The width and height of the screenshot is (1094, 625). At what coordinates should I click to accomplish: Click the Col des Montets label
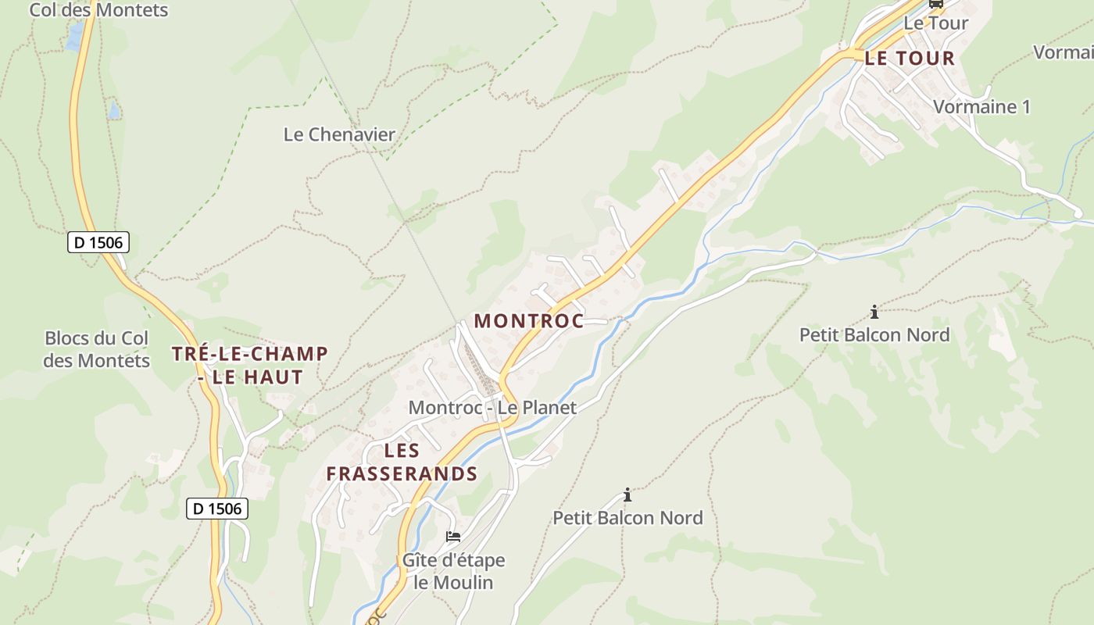tap(98, 10)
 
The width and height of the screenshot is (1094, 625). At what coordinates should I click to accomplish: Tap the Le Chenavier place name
tap(339, 134)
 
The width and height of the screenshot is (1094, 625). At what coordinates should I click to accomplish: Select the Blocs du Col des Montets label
tap(97, 349)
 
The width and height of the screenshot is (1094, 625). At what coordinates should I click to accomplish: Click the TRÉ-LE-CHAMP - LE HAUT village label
tap(249, 365)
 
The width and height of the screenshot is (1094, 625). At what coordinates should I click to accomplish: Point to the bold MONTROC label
tap(528, 321)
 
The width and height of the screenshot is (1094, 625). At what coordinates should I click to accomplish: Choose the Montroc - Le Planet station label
tap(492, 407)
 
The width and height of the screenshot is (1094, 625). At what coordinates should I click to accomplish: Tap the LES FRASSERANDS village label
tap(402, 462)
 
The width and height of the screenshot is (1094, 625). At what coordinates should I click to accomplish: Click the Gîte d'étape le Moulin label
tap(453, 571)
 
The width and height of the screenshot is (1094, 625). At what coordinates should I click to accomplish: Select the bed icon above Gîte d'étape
tap(453, 537)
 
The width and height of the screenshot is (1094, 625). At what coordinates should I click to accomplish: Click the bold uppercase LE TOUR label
tap(910, 58)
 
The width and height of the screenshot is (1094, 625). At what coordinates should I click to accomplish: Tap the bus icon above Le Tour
tap(935, 3)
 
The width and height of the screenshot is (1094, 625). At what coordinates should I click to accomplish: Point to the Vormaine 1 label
tap(981, 107)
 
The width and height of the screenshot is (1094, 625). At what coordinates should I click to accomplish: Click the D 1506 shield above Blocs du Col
tap(98, 242)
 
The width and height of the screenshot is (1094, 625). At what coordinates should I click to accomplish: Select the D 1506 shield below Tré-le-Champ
tap(217, 509)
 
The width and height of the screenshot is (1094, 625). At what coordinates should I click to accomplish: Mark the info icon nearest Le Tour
tap(874, 312)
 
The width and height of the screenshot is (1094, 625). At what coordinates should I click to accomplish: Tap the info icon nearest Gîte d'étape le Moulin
tap(627, 495)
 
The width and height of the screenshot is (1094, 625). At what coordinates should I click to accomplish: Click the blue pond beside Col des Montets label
tap(75, 36)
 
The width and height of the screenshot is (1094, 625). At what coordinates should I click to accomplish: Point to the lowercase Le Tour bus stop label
tap(935, 23)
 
